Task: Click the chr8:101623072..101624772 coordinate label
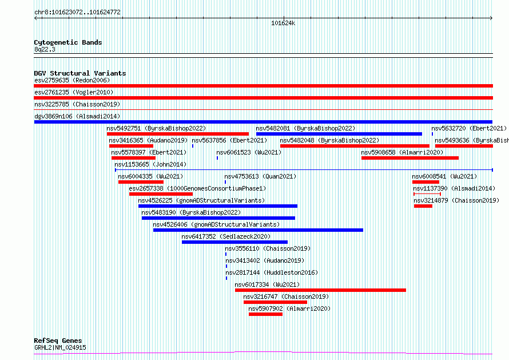77,13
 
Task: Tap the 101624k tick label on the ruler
283,23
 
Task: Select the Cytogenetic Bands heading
68,42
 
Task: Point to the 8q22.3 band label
45,50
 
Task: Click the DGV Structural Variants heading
80,73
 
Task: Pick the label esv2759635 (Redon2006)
72,80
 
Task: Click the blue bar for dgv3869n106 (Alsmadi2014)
263,122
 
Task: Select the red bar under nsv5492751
178,134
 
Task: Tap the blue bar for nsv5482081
339,134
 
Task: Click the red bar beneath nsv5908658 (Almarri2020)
410,158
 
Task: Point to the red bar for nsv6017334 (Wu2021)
320,290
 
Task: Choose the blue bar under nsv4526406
258,230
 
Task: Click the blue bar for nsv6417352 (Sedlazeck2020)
234,242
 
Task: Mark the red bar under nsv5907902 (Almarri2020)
265,314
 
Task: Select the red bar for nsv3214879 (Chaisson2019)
423,206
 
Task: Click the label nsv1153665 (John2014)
150,164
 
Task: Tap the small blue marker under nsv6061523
217,158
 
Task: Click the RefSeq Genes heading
58,341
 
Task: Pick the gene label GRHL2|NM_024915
61,347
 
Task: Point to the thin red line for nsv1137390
427,194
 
